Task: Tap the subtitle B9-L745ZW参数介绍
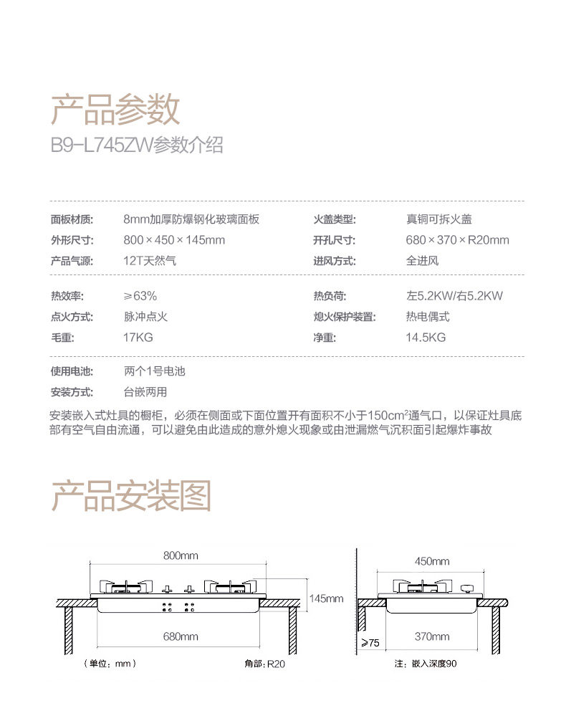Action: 137,145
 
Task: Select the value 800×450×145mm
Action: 174,240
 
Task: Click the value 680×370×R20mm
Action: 457,240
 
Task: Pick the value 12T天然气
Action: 150,261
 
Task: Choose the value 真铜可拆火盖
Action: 438,219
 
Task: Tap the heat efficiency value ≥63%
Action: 140,295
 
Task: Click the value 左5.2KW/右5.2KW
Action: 454,295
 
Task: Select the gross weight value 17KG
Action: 138,337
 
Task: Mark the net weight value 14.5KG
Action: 426,337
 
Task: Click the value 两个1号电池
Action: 154,371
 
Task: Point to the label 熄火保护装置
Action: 345,316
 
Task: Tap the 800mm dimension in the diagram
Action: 181,555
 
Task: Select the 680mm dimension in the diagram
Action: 181,636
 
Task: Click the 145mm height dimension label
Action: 327,598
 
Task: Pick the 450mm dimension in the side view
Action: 432,561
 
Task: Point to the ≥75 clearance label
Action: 370,643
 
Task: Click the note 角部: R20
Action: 264,664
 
